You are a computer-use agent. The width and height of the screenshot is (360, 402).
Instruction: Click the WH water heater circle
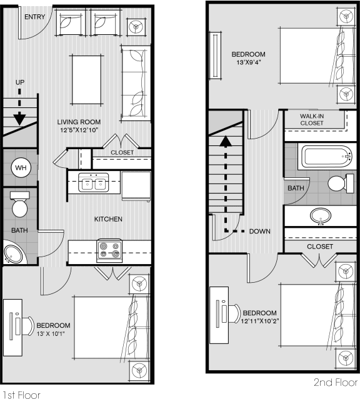21,168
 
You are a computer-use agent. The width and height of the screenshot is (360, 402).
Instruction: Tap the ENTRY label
34,17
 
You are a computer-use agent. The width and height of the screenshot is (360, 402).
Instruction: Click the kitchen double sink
94,182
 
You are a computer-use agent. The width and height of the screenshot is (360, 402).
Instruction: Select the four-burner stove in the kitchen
109,251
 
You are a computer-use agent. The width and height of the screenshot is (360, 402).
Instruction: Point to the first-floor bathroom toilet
20,204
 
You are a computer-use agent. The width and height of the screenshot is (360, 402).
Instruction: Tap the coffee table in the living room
86,80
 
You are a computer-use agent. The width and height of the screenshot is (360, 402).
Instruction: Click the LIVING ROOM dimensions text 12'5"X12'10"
79,130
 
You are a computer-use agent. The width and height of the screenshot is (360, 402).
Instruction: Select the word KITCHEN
108,219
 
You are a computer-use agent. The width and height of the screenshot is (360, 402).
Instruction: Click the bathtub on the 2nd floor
326,157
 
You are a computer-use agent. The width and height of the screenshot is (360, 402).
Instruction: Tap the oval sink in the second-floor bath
321,216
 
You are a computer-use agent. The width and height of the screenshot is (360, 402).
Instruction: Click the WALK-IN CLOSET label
312,119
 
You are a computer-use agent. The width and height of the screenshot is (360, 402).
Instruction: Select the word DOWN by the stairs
259,231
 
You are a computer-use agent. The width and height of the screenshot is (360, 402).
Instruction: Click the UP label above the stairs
20,82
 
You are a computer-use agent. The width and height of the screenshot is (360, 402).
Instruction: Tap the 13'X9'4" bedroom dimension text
249,62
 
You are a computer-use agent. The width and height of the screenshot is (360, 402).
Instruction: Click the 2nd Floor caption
336,382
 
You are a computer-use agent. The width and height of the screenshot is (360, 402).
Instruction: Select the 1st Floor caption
22,395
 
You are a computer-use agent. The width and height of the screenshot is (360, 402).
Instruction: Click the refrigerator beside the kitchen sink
136,186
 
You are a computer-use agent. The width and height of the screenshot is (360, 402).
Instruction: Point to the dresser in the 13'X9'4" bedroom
216,56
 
